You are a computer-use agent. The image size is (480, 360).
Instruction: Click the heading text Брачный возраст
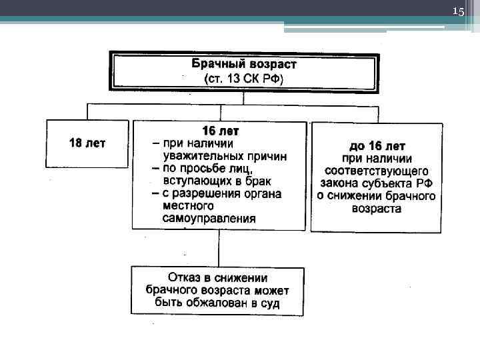(244, 65)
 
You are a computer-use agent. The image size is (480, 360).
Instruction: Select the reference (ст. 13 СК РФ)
(244, 79)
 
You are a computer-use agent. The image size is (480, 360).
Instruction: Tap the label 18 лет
(87, 143)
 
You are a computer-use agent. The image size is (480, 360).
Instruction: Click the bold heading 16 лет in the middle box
(220, 131)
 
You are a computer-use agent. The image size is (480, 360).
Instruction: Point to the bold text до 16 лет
(377, 146)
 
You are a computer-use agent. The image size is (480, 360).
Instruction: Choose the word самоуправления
(209, 219)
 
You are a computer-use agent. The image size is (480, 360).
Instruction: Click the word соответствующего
(377, 171)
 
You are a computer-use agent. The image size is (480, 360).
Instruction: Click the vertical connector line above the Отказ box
(219, 248)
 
